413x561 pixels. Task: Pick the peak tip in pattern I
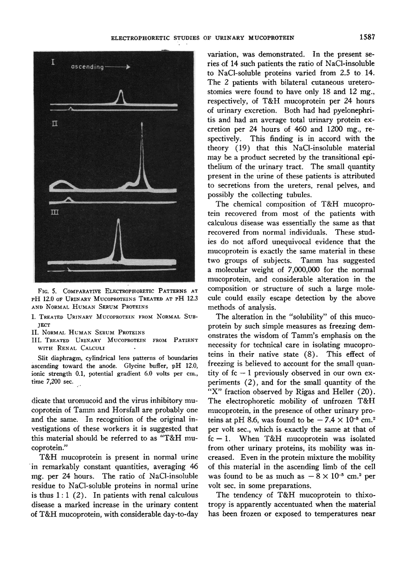coord(121,90)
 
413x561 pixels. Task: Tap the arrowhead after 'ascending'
coord(128,67)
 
